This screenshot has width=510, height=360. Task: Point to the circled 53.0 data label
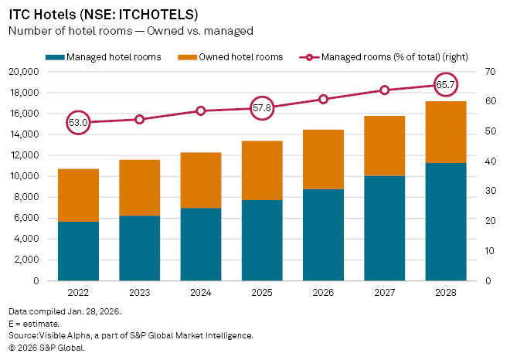pyautogui.click(x=78, y=122)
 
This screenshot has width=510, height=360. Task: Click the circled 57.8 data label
pyautogui.click(x=262, y=108)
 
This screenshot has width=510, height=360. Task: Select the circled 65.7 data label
pyautogui.click(x=446, y=84)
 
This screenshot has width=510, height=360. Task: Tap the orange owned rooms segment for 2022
pyautogui.click(x=78, y=195)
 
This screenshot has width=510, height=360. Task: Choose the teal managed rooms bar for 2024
pyautogui.click(x=201, y=244)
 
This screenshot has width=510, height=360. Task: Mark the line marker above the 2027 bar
pyautogui.click(x=385, y=90)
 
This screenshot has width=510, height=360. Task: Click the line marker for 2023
pyautogui.click(x=140, y=119)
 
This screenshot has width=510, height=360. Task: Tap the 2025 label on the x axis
pyautogui.click(x=262, y=293)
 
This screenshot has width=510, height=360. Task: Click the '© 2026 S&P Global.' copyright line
pyautogui.click(x=46, y=348)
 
